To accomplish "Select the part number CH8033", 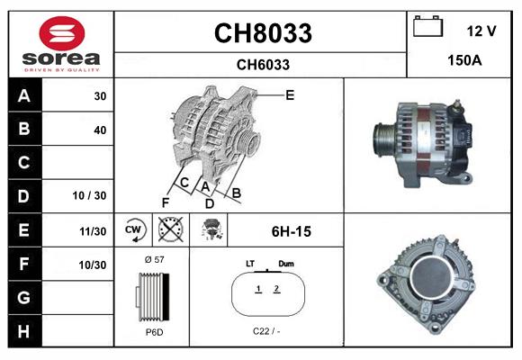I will pos(262,33).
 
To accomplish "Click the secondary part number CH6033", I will pos(262,64).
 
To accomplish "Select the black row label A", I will pos(24,95).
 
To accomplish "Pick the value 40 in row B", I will pos(99,130).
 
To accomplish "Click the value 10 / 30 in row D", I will pos(94,196).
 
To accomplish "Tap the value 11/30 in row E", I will pos(94,230).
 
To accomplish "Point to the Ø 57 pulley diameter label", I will pos(155,260).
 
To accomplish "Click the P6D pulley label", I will pos(154,332).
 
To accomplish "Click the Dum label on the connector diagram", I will pos(286,264).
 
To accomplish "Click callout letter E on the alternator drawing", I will pos(290,94).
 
